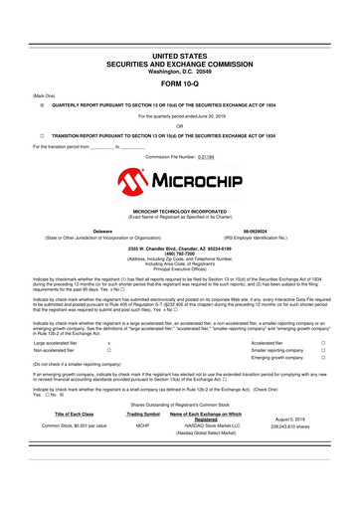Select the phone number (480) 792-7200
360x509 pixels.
tap(180, 252)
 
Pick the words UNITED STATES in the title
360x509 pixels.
tap(180, 60)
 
